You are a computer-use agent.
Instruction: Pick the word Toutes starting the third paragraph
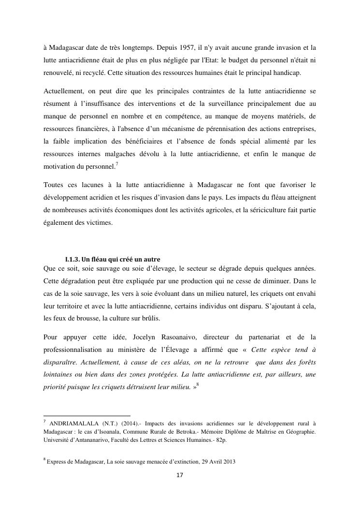coord(54,185)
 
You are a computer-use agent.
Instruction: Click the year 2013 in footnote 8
coord(228,462)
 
